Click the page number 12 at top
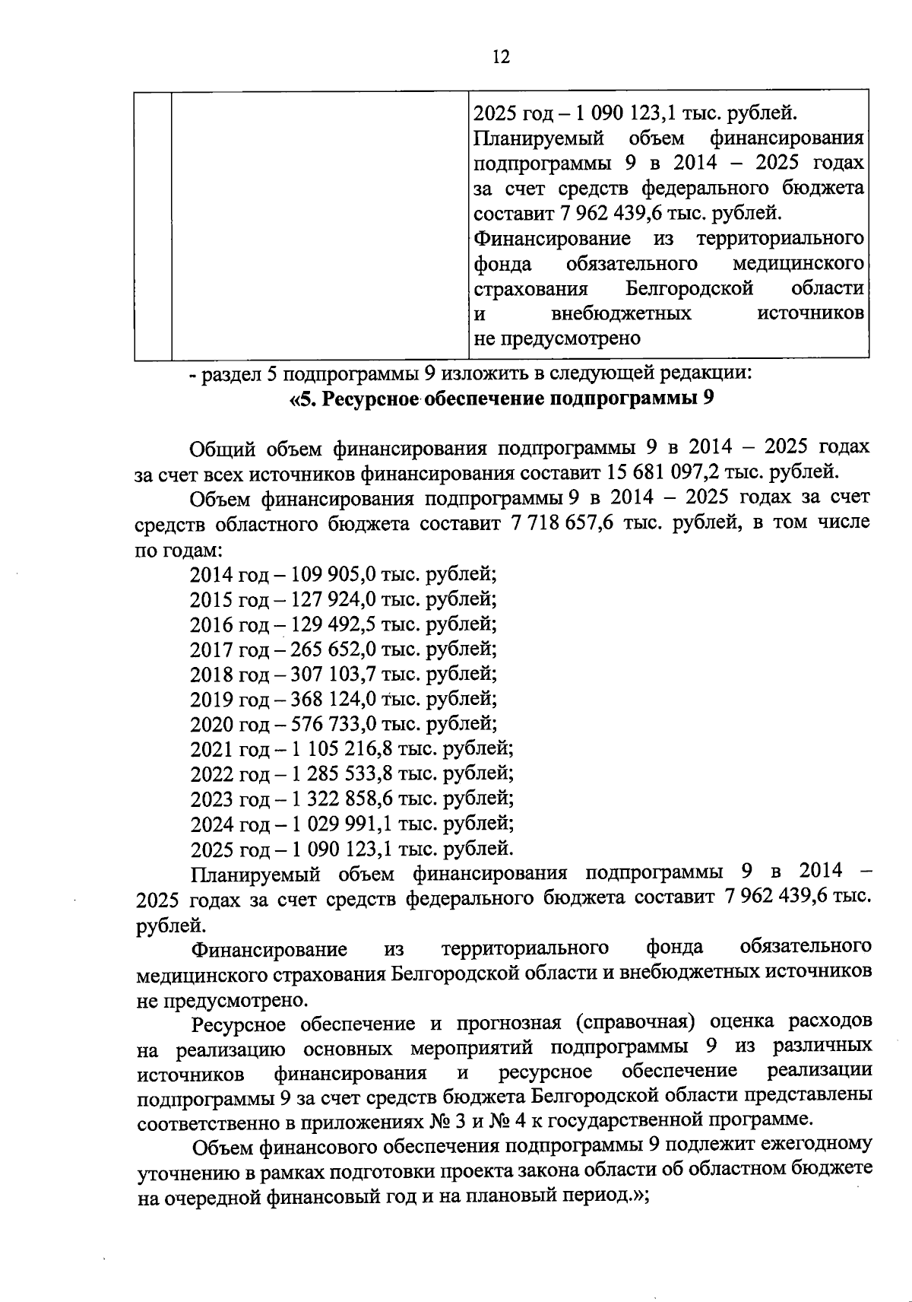[x=500, y=57]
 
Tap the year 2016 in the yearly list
[x=212, y=624]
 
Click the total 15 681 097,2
[x=662, y=472]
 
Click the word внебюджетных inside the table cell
[x=622, y=313]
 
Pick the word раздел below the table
[x=233, y=374]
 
